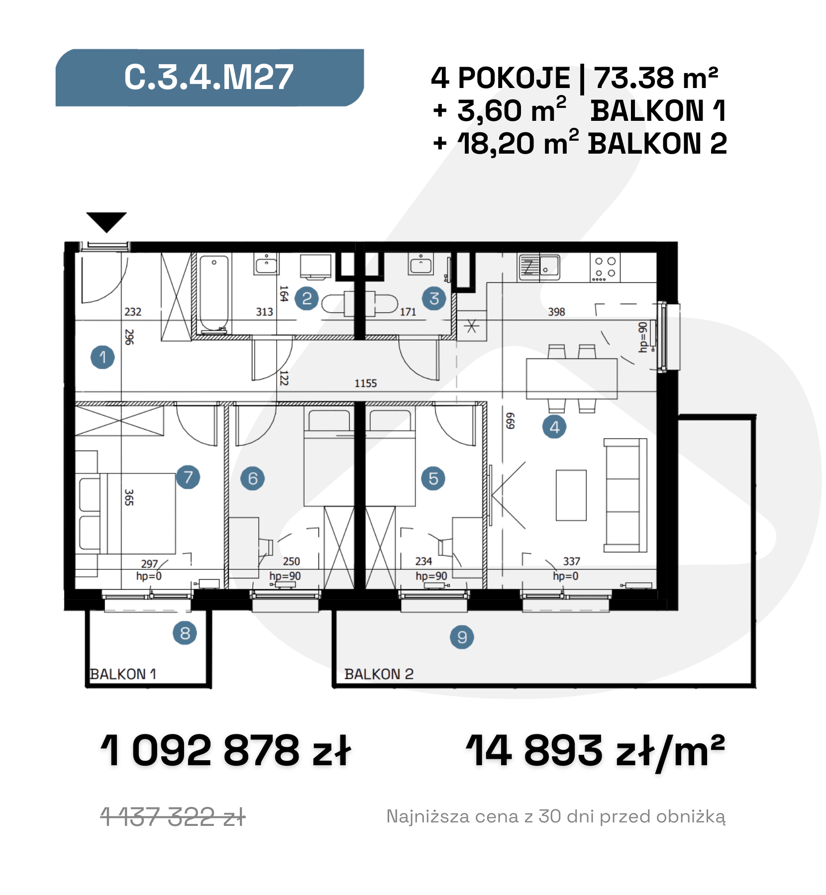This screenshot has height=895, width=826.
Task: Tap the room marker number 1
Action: [103, 357]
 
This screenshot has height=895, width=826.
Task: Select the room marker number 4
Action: [554, 427]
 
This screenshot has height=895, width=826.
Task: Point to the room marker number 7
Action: [188, 477]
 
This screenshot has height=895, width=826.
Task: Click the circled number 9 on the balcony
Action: [462, 637]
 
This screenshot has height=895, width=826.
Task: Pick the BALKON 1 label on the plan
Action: [123, 674]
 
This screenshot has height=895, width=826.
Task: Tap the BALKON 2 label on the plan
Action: [379, 674]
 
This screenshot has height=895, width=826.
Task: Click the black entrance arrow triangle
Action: [106, 222]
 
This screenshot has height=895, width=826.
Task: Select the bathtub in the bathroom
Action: [214, 294]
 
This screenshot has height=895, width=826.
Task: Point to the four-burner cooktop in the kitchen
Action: [605, 268]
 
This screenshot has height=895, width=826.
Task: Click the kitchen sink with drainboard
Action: [539, 267]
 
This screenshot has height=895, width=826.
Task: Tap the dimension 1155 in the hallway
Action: [366, 383]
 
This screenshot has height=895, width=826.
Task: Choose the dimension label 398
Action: [556, 312]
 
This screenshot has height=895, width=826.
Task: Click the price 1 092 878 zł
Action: [226, 750]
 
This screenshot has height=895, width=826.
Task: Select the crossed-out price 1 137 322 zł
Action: [173, 817]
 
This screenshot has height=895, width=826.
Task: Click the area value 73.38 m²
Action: [656, 78]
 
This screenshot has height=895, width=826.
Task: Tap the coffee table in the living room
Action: [571, 495]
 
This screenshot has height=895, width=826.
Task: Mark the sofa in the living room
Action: [625, 495]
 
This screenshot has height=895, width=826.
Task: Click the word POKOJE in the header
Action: [514, 78]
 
